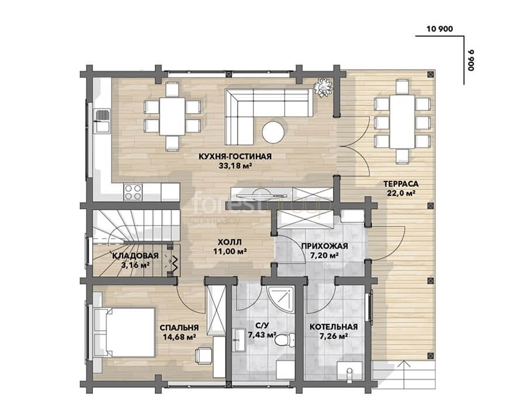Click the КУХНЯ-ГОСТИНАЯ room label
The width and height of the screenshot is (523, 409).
pos(235,156)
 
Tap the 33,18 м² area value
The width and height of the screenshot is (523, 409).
pos(235,166)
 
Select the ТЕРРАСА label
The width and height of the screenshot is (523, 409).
pos(401,184)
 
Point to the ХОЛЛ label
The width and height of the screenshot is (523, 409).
pos(230,242)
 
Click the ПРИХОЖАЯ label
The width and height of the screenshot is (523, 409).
pos(324,246)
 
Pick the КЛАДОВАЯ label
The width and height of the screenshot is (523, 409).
pos(135,256)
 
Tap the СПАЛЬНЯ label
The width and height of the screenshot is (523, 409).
pos(179,328)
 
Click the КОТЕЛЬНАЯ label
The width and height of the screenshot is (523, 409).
pos(334,327)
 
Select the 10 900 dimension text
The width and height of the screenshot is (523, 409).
pos(439,29)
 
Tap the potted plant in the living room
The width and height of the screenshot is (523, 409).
pos(323,88)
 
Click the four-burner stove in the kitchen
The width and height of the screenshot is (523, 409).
pos(133,192)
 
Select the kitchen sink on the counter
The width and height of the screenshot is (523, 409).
pos(102,121)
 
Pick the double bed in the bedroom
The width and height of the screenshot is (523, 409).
pos(124,333)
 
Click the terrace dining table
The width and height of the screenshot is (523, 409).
pos(402,121)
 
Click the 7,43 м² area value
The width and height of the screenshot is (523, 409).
pos(262,334)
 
